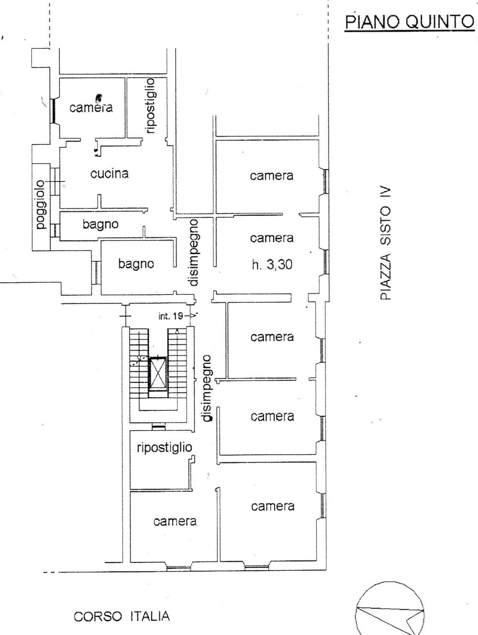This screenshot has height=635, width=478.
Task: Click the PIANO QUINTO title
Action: tap(410, 21)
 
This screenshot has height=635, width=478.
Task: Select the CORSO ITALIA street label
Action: tap(122, 616)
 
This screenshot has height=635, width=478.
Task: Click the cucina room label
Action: tap(109, 173)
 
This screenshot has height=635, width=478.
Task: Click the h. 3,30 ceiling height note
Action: tap(272, 264)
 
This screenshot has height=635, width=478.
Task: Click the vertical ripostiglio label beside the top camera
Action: tap(151, 106)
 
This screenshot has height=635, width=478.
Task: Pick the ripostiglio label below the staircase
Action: tap(164, 448)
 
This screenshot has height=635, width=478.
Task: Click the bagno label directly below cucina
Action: tap(101, 224)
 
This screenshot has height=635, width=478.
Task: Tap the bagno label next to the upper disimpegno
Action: tap(136, 264)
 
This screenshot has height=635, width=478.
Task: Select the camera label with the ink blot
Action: tap(91, 107)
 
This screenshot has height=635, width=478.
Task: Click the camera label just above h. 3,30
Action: tap(272, 238)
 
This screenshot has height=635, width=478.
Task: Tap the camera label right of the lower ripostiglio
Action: tap(273, 416)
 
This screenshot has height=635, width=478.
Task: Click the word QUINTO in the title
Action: tap(440, 22)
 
